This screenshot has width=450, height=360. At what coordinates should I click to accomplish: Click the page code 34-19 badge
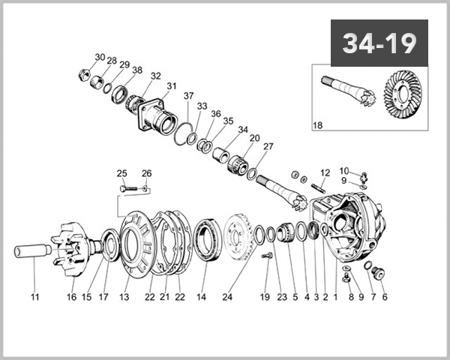pyautogui.click(x=379, y=43)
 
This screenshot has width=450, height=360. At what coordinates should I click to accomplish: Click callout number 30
pyautogui.click(x=100, y=58)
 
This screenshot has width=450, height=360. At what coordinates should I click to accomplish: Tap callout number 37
pyautogui.click(x=188, y=96)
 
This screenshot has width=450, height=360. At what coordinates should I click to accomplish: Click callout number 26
pyautogui.click(x=147, y=173)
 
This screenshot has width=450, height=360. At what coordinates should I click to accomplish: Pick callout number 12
pyautogui.click(x=325, y=173)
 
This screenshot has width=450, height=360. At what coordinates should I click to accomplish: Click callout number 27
pyautogui.click(x=268, y=146)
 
